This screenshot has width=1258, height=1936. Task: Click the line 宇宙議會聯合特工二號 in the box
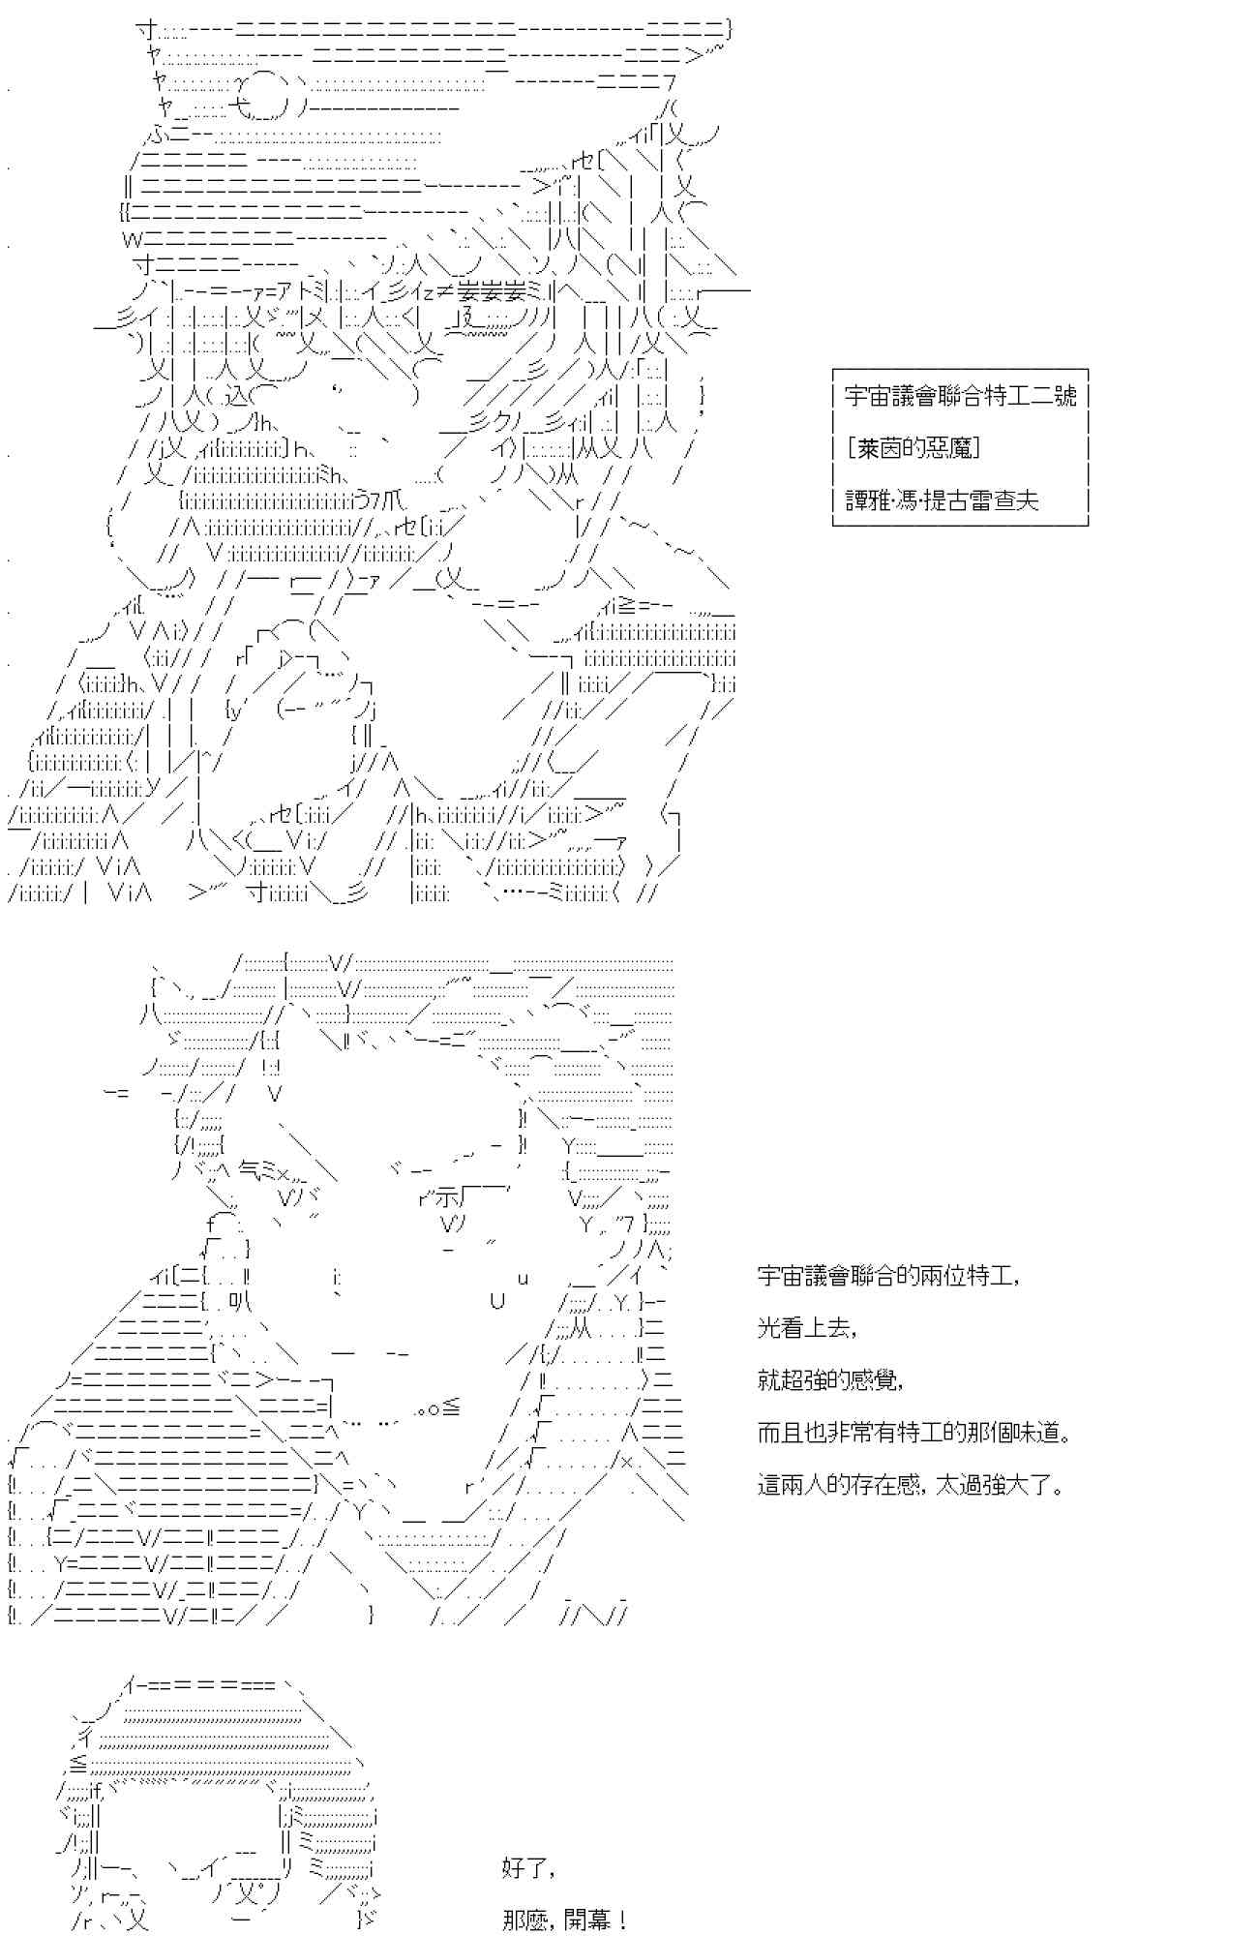click(x=960, y=396)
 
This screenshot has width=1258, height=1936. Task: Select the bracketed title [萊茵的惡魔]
click(x=913, y=448)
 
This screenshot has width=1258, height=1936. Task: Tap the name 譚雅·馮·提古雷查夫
click(x=942, y=499)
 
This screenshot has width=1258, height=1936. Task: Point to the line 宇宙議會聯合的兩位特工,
click(x=888, y=1276)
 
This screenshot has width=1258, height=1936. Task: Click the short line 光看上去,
click(x=807, y=1328)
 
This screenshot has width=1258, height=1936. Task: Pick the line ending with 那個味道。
click(x=914, y=1433)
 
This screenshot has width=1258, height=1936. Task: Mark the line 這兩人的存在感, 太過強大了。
click(x=911, y=1485)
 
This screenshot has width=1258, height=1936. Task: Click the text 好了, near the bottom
click(x=529, y=1867)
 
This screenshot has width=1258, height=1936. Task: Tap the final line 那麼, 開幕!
click(x=565, y=1920)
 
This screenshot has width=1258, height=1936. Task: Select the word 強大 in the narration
click(x=1006, y=1485)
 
